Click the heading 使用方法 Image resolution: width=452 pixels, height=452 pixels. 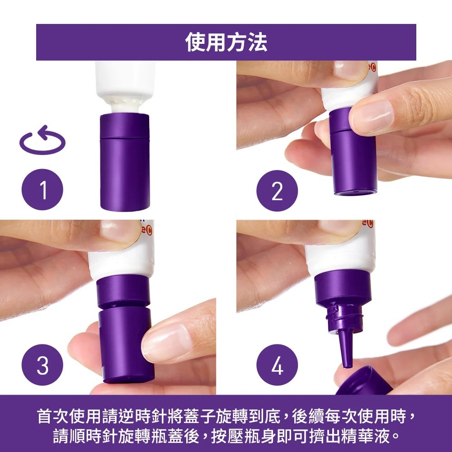click(226, 42)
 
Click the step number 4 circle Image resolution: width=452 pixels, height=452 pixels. click(277, 365)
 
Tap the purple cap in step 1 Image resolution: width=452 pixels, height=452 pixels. click(124, 163)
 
